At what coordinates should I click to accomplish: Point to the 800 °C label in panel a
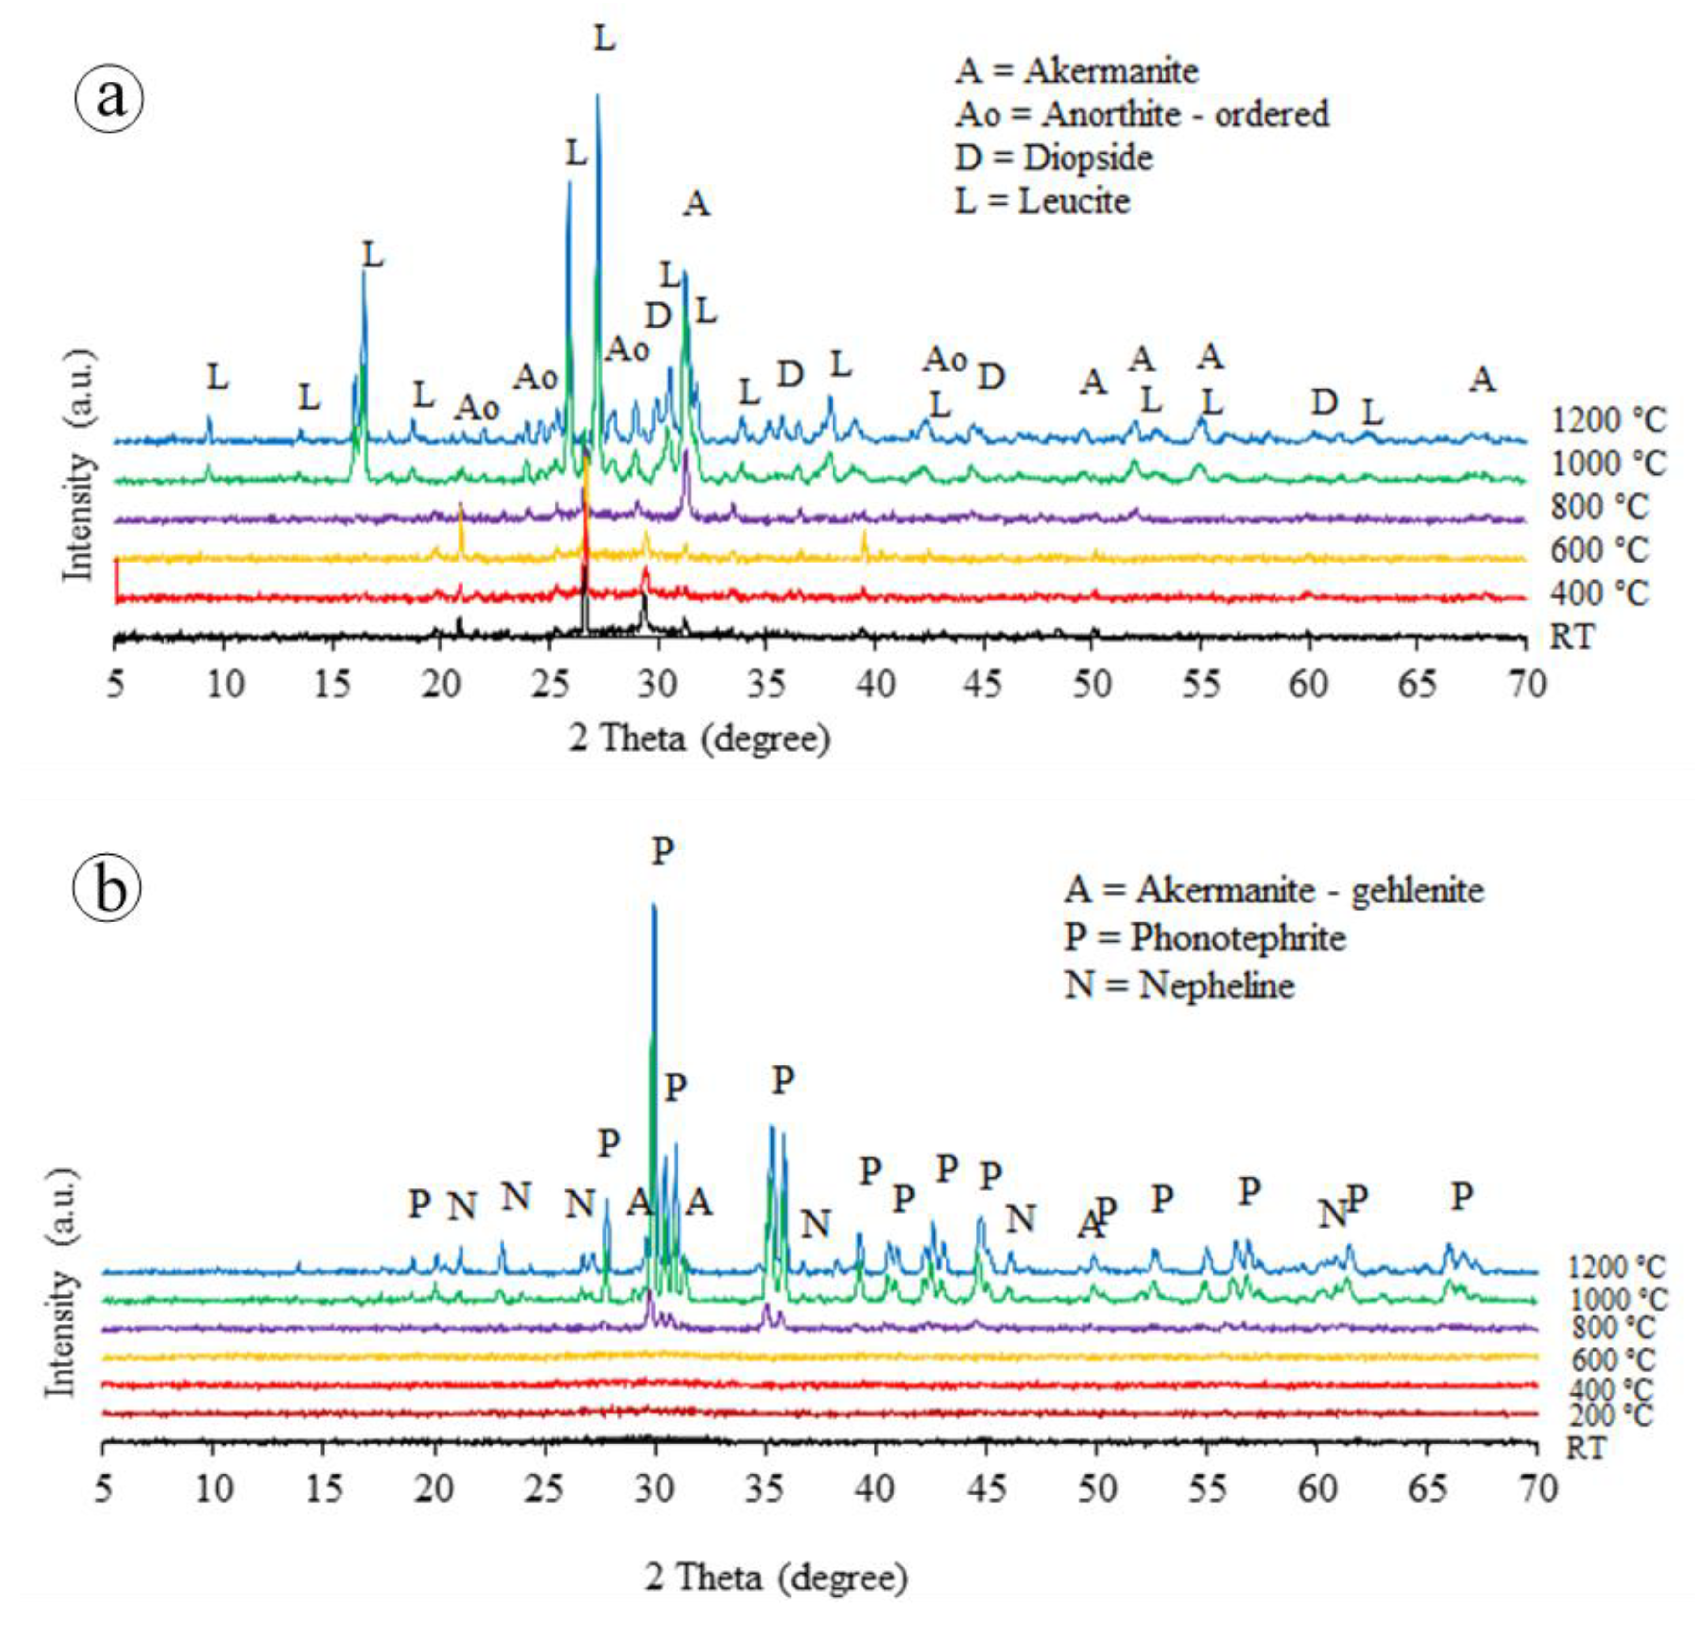[x=1599, y=507]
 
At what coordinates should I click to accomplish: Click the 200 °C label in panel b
[x=1610, y=1415]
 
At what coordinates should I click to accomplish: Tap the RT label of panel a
[x=1572, y=637]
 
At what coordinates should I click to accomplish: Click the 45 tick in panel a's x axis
[x=984, y=684]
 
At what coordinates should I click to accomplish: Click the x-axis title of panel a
[x=699, y=738]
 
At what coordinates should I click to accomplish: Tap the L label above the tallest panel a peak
[x=604, y=39]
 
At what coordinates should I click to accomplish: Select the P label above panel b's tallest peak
[x=662, y=851]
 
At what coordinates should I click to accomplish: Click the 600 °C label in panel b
[x=1610, y=1359]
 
